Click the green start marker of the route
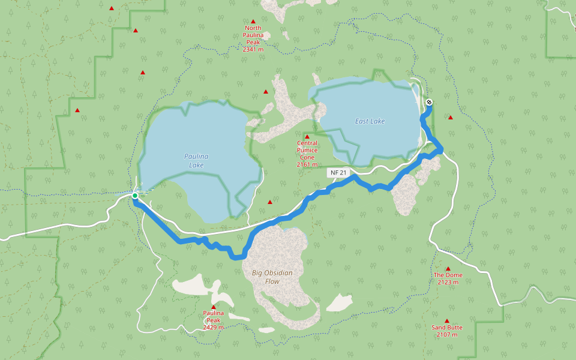pos(135,196)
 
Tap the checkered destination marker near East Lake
pos(429,102)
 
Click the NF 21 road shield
pos(337,173)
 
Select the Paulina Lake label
pos(196,160)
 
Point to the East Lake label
pos(370,121)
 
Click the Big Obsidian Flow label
pos(272,277)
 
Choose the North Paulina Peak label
pos(253,35)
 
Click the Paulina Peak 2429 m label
pos(213,320)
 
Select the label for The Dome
pos(448,275)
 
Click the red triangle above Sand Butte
pos(447,321)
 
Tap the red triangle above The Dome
pos(448,269)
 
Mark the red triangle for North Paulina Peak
pos(253,21)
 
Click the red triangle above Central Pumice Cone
pos(307,137)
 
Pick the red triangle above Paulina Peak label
pos(213,307)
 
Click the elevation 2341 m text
pos(253,50)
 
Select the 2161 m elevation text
pos(307,164)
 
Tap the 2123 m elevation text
pos(448,282)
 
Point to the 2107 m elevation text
pos(447,334)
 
